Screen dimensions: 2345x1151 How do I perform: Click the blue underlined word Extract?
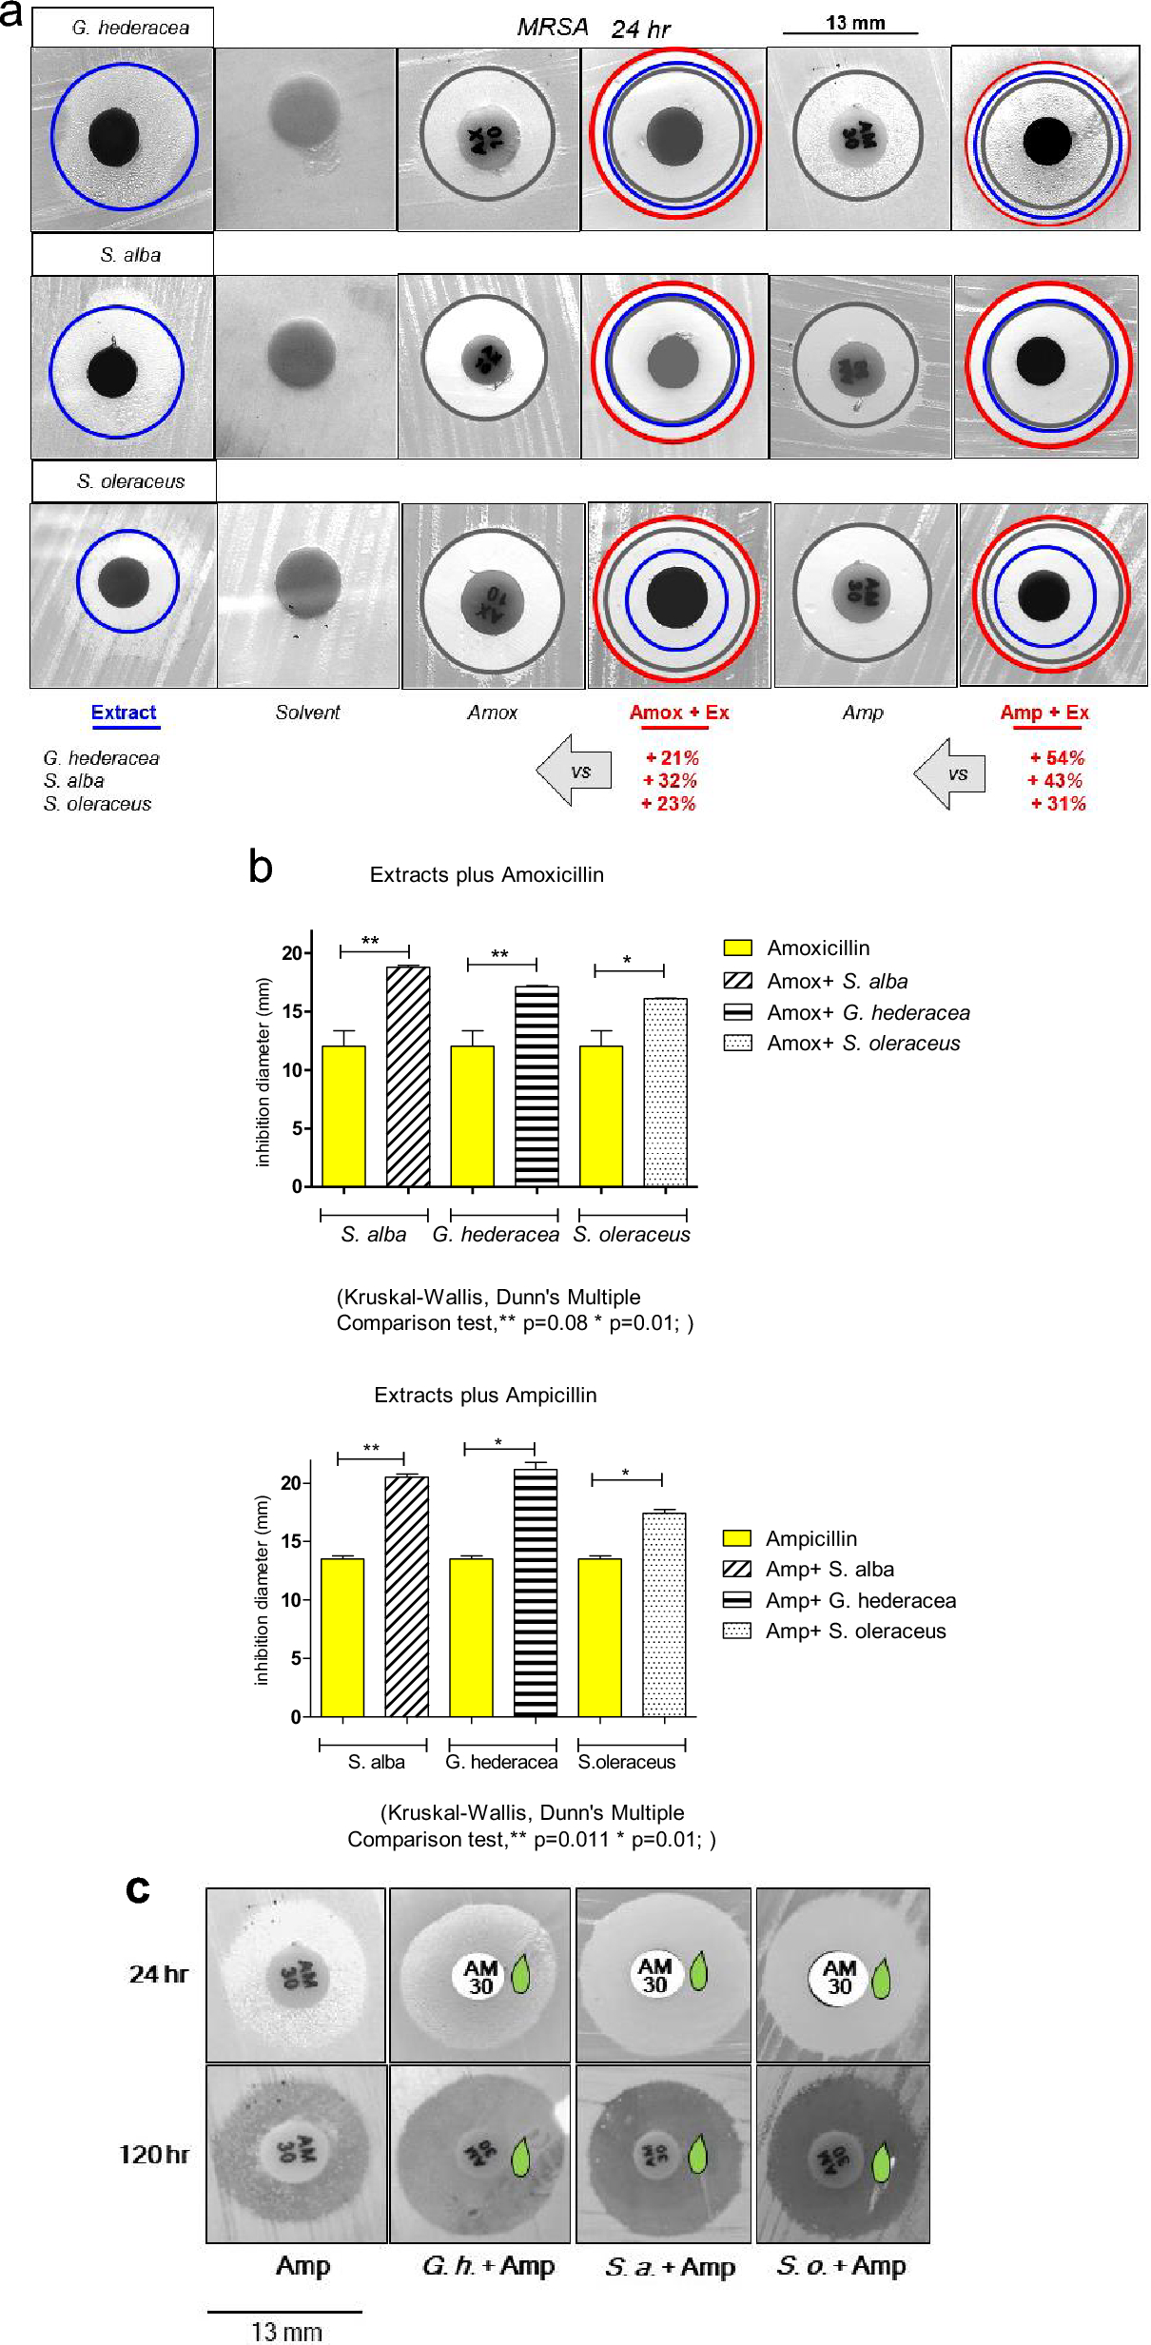[124, 713]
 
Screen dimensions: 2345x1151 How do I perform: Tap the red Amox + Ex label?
[678, 713]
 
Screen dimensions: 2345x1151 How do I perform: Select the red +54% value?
[1057, 758]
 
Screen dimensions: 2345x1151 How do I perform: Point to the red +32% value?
[671, 781]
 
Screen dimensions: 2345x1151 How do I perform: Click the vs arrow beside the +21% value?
[575, 771]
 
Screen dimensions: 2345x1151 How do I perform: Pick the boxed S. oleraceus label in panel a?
[130, 481]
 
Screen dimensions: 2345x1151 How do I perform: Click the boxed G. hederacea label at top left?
[130, 28]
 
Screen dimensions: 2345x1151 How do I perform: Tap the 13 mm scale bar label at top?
[854, 23]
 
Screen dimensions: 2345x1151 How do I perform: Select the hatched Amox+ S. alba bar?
[408, 1076]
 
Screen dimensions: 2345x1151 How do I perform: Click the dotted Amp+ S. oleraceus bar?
[664, 1613]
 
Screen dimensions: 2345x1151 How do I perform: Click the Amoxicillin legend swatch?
[737, 948]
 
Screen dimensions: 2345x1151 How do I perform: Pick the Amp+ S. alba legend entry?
[829, 1569]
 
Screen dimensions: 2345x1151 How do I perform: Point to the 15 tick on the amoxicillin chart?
[292, 1011]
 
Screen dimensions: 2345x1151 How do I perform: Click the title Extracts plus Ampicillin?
[485, 1395]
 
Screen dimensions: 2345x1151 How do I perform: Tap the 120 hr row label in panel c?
[154, 2154]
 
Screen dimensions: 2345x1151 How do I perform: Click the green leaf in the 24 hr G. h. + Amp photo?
[521, 1974]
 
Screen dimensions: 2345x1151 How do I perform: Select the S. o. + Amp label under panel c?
[841, 2266]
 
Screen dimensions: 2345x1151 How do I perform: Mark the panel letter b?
[260, 867]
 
